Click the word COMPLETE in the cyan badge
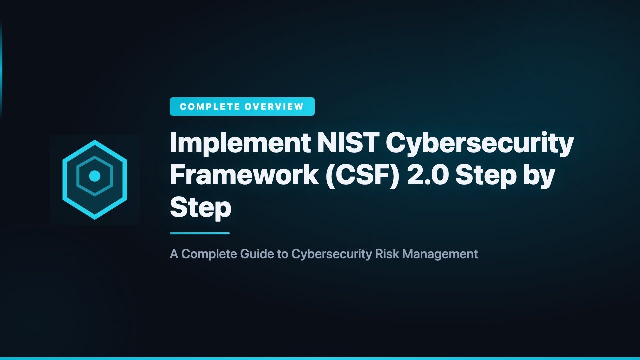pos(209,106)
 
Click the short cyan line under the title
pos(200,233)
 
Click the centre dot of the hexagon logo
pos(95,176)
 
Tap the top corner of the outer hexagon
pos(95,142)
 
